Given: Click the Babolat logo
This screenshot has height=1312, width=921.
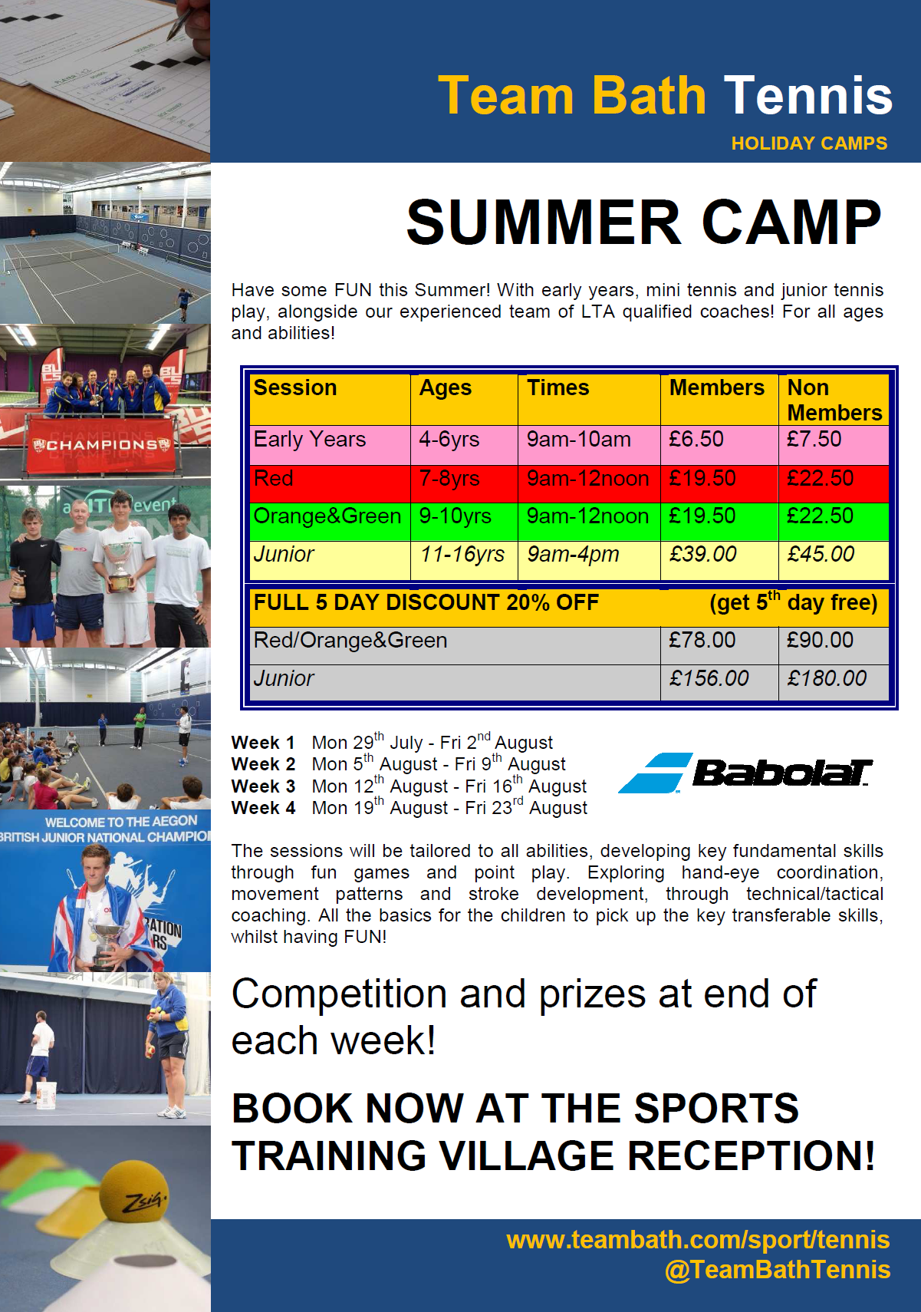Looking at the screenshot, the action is point(745,773).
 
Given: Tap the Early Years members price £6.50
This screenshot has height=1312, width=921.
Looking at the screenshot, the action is point(696,440).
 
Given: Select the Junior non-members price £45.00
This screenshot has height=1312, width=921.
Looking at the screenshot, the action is point(821,554).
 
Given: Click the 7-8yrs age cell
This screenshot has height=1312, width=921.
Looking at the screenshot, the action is point(449,479).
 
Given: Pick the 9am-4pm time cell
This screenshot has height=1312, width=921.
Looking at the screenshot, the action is point(573,555).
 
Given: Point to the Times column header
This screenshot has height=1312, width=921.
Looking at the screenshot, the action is point(558,387).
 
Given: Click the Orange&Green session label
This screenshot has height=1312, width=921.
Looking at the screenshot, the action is point(327,516).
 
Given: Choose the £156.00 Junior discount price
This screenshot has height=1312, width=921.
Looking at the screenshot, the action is point(709,678).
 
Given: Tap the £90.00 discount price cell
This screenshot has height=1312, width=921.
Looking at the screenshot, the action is point(820,640).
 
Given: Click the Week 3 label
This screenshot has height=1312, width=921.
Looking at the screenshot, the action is point(264,786).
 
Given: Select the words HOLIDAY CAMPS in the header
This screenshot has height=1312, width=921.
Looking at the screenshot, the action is point(809,143).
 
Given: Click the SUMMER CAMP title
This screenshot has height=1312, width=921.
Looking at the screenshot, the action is point(643,223).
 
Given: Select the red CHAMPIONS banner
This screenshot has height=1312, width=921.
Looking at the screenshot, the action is point(103,444).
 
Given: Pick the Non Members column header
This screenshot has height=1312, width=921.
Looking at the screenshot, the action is point(834,400).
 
